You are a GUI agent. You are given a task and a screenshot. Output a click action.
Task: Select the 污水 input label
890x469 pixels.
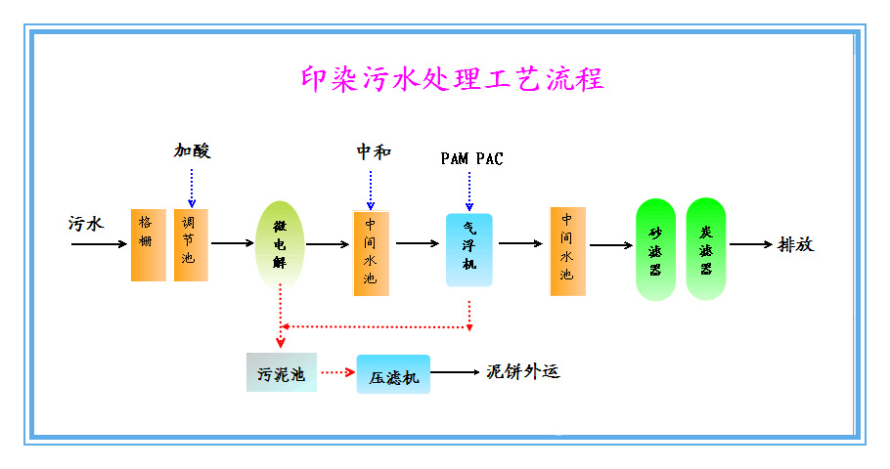pyautogui.click(x=86, y=223)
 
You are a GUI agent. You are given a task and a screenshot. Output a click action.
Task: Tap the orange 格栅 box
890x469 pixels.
pyautogui.click(x=149, y=244)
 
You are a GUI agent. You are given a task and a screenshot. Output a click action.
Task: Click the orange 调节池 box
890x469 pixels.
pyautogui.click(x=191, y=244)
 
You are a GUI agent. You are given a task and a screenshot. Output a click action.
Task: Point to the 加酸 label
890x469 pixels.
pyautogui.click(x=193, y=150)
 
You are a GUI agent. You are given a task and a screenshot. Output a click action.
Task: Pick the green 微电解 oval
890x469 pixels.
pyautogui.click(x=281, y=243)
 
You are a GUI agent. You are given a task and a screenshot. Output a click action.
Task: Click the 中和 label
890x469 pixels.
pyautogui.click(x=373, y=151)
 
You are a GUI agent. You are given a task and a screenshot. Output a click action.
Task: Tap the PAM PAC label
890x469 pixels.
pyautogui.click(x=471, y=158)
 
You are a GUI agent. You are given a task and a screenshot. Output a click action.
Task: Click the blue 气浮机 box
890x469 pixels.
pyautogui.click(x=468, y=249)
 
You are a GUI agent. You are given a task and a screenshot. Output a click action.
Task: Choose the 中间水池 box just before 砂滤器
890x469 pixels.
pyautogui.click(x=567, y=250)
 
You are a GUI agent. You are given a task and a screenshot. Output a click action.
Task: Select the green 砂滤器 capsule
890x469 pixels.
pyautogui.click(x=655, y=249)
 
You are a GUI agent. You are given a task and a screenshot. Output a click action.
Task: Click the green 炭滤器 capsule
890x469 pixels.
pyautogui.click(x=705, y=249)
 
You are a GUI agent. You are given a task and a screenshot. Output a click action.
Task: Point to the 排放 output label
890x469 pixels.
pyautogui.click(x=794, y=244)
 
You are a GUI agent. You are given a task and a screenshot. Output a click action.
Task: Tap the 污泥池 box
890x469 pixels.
pyautogui.click(x=281, y=373)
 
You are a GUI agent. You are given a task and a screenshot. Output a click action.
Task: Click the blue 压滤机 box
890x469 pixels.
pyautogui.click(x=393, y=374)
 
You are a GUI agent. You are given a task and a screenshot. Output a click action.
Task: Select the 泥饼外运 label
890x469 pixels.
pyautogui.click(x=522, y=372)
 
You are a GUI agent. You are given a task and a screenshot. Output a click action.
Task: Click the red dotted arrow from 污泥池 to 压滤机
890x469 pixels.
pyautogui.click(x=335, y=372)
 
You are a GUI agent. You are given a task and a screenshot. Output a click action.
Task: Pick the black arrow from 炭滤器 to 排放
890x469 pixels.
pyautogui.click(x=750, y=244)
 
